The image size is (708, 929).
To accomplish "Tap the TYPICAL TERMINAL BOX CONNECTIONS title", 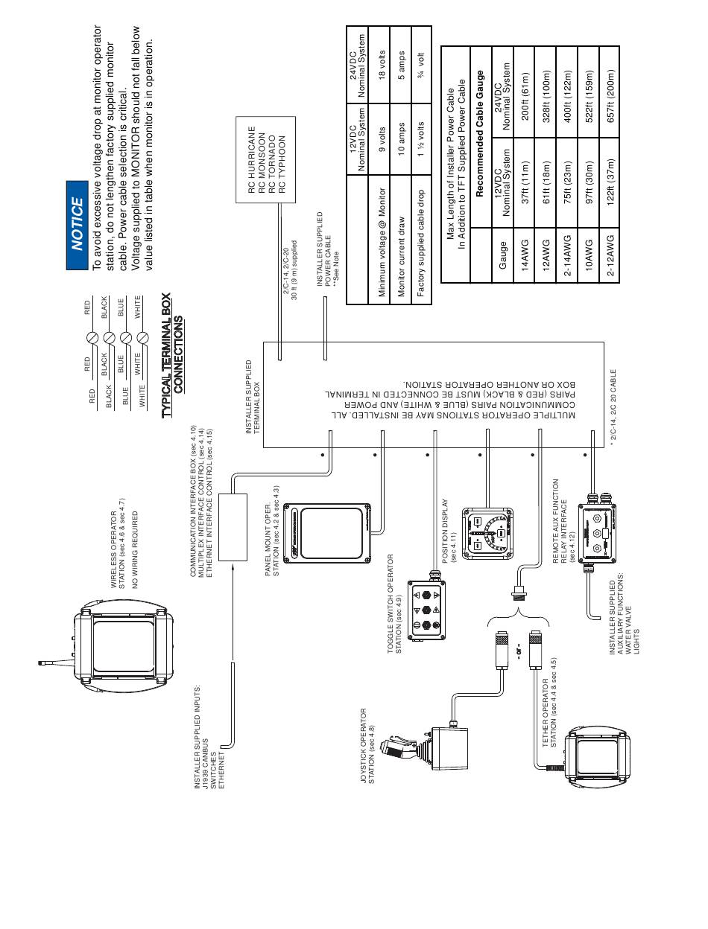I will (x=171, y=353).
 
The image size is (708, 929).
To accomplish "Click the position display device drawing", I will (x=488, y=533).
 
